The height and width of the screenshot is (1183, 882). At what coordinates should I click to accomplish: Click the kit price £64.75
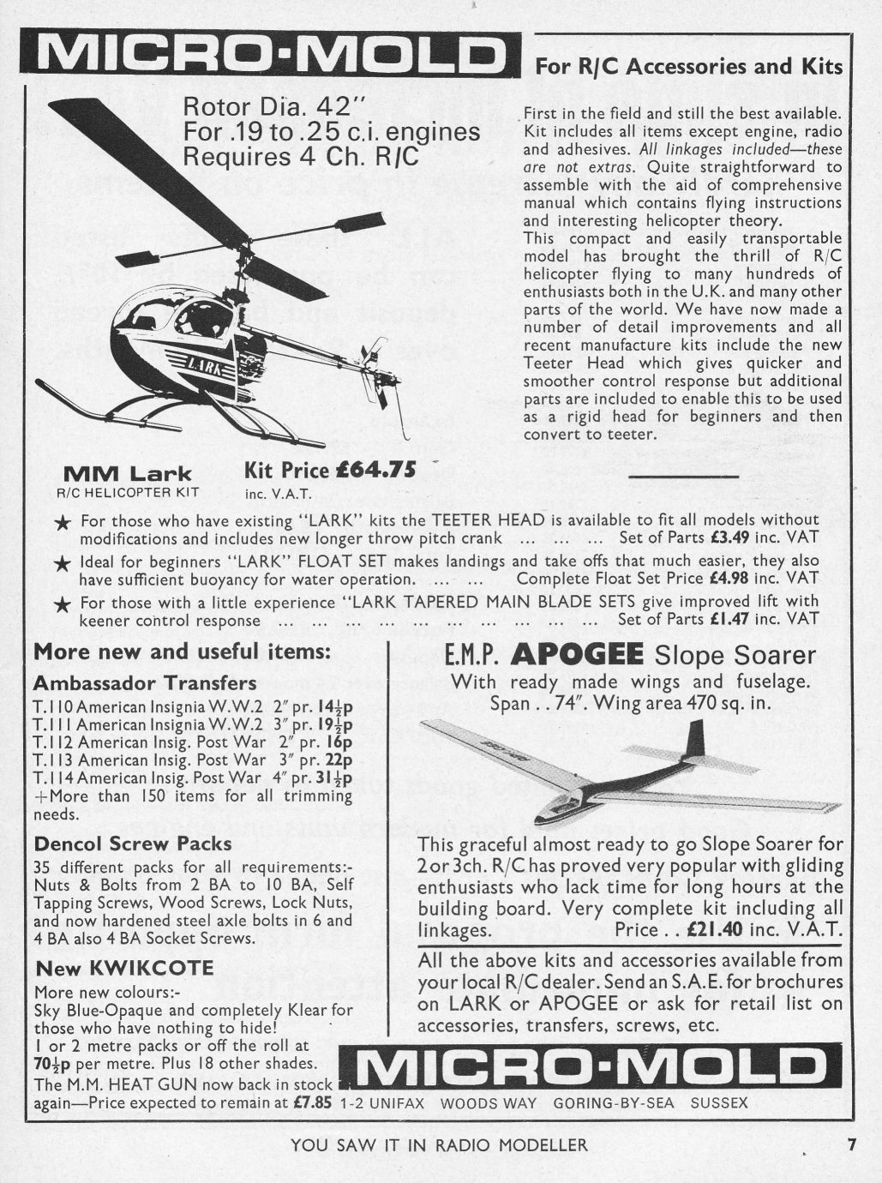click(380, 469)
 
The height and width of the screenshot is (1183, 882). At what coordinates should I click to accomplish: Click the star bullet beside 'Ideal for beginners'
click(62, 564)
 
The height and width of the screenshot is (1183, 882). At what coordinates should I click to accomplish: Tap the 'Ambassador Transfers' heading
click(145, 683)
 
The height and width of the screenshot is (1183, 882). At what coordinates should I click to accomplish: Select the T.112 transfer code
click(53, 742)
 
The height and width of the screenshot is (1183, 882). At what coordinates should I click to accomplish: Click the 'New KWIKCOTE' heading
click(124, 969)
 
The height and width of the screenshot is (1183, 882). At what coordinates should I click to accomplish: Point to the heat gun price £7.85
click(313, 1102)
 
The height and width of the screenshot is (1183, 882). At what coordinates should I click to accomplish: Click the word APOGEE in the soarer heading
click(577, 656)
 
